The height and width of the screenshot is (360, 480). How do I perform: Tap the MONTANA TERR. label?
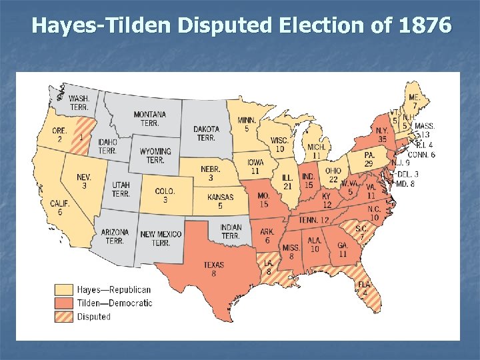pyautogui.click(x=150, y=119)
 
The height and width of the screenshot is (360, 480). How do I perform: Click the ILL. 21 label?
pyautogui.click(x=287, y=182)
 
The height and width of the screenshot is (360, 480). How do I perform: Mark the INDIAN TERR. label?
pyautogui.click(x=231, y=231)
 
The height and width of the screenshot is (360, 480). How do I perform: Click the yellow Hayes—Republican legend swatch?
pyautogui.click(x=64, y=290)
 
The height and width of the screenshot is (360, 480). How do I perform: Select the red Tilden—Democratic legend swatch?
pyautogui.click(x=64, y=303)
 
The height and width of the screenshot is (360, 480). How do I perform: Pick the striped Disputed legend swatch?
pyautogui.click(x=64, y=317)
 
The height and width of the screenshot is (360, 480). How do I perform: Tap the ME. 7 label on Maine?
pyautogui.click(x=415, y=101)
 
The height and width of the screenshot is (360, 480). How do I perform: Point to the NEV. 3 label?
pyautogui.click(x=84, y=181)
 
